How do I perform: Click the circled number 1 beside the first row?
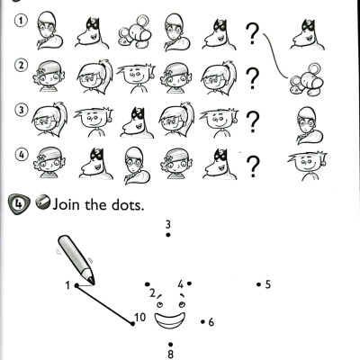(21, 21)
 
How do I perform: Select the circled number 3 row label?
(21, 110)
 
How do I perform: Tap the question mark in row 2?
(253, 78)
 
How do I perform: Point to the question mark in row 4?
(253, 166)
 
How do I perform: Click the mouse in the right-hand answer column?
(307, 80)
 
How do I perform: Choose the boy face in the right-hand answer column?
(308, 166)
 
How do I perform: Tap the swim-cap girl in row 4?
(137, 165)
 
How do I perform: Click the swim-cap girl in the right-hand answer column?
(309, 125)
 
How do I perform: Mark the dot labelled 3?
(168, 235)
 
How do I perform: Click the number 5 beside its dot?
(268, 284)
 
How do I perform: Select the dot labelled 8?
(170, 345)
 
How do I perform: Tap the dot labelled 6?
(202, 322)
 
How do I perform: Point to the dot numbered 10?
(132, 323)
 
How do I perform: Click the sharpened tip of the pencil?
(94, 283)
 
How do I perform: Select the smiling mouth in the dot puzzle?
(169, 320)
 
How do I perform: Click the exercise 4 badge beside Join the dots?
(19, 204)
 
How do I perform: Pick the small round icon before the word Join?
(42, 202)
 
